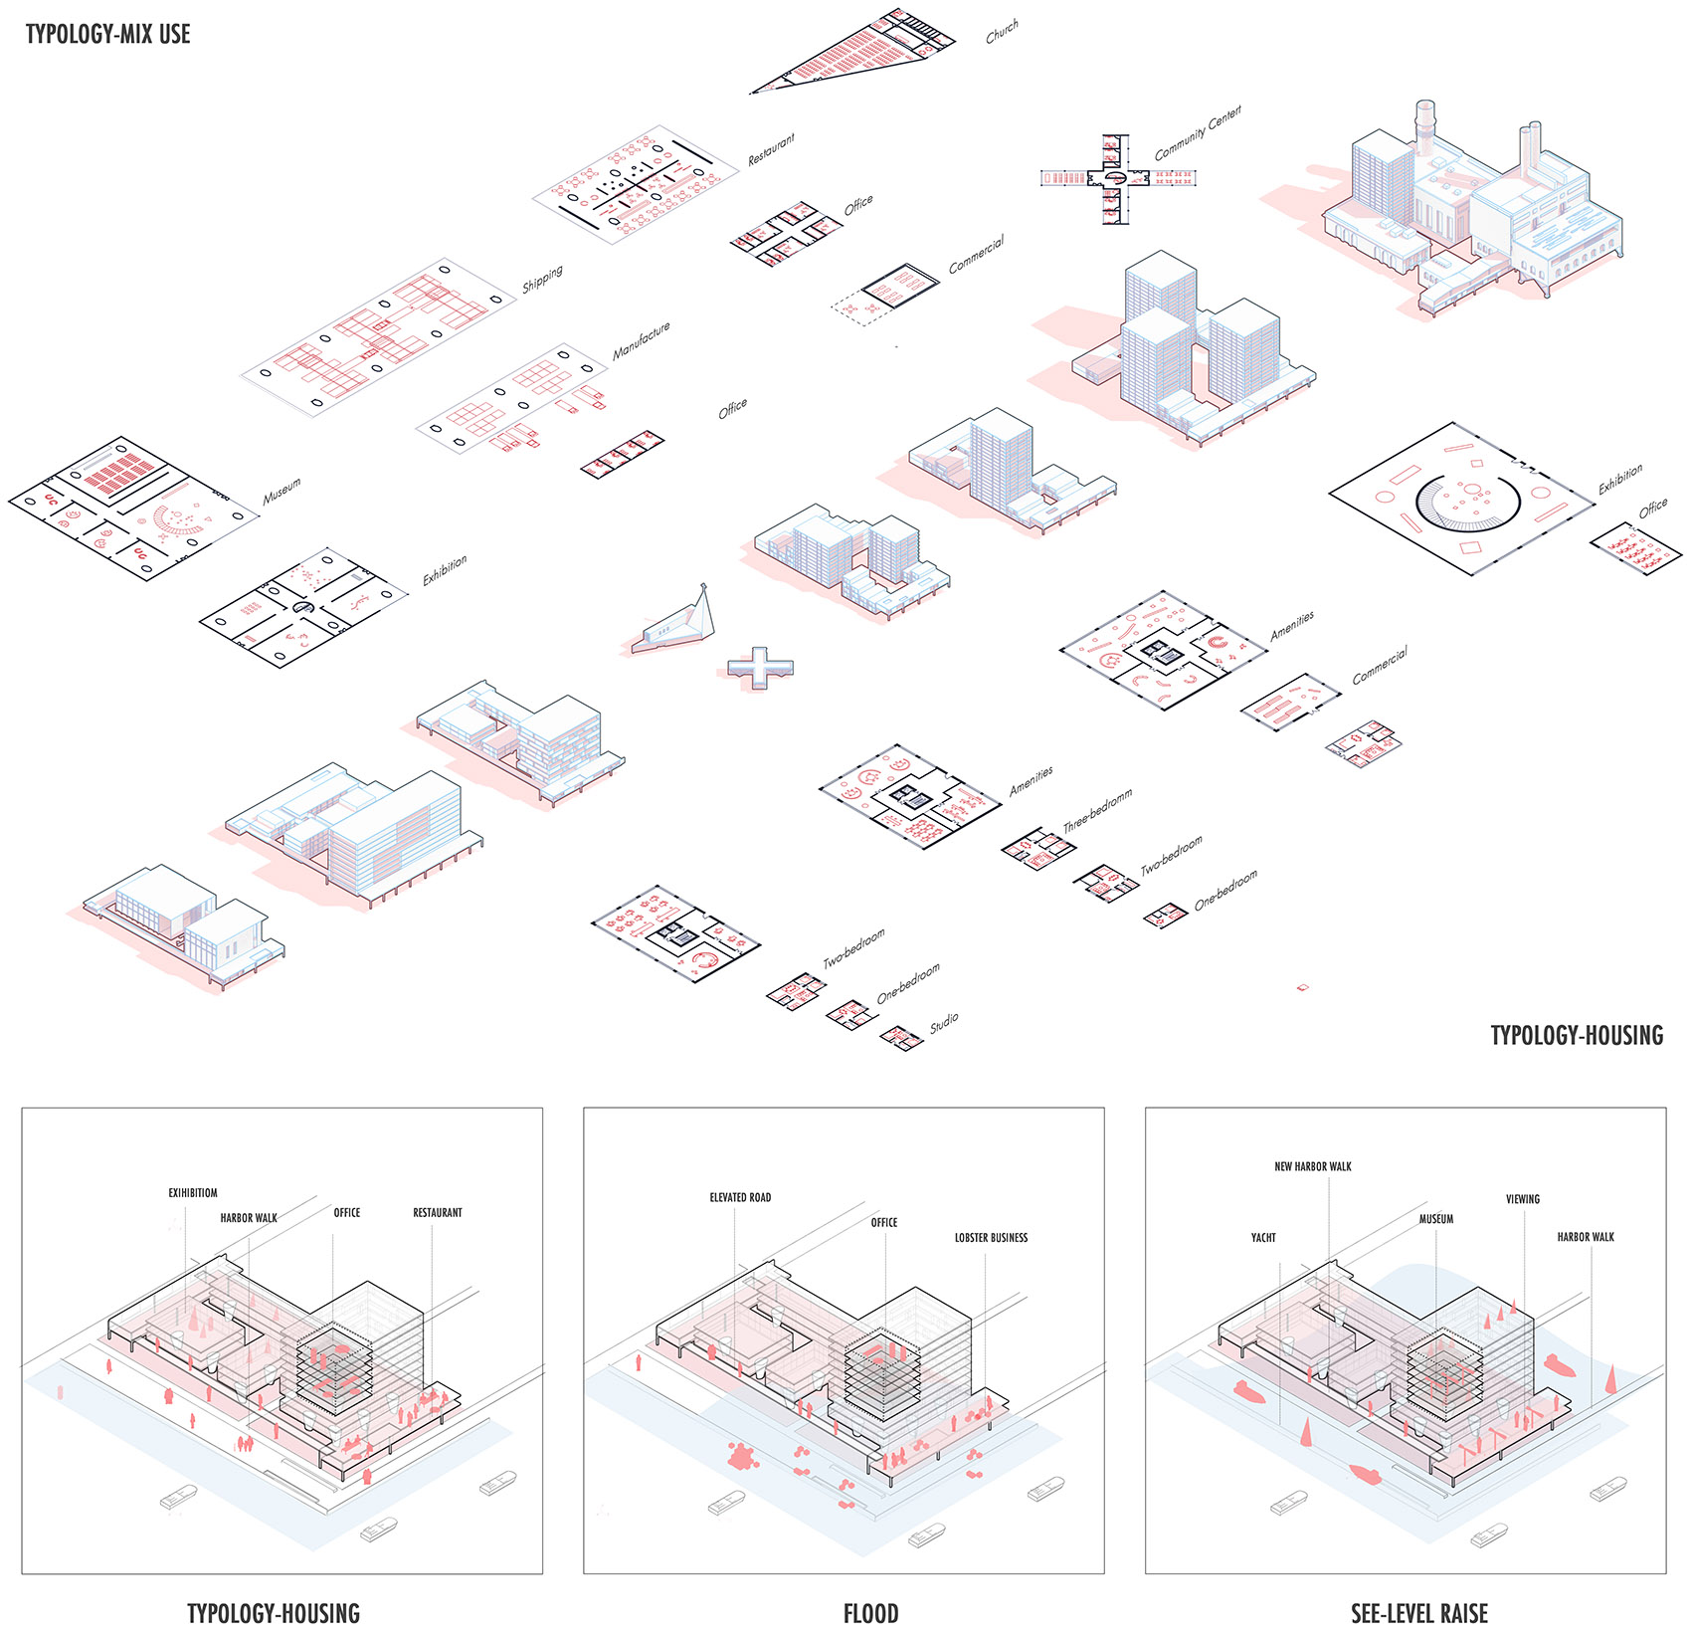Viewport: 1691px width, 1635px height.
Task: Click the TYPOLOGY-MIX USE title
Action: pyautogui.click(x=107, y=34)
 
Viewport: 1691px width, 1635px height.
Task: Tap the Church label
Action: pyautogui.click(x=1002, y=32)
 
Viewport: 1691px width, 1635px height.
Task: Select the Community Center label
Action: pyautogui.click(x=1198, y=133)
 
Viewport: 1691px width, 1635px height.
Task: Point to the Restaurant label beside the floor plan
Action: pyautogui.click(x=772, y=149)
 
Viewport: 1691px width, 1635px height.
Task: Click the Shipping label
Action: pyautogui.click(x=543, y=279)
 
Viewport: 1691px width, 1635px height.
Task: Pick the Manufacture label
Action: pyautogui.click(x=642, y=340)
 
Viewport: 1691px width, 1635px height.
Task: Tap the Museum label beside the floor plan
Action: pyautogui.click(x=282, y=491)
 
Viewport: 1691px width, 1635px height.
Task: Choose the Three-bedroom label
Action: pyautogui.click(x=1098, y=810)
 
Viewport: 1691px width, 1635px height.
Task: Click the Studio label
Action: pyautogui.click(x=945, y=1022)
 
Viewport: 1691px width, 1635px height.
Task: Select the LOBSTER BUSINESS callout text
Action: pyautogui.click(x=991, y=1238)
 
